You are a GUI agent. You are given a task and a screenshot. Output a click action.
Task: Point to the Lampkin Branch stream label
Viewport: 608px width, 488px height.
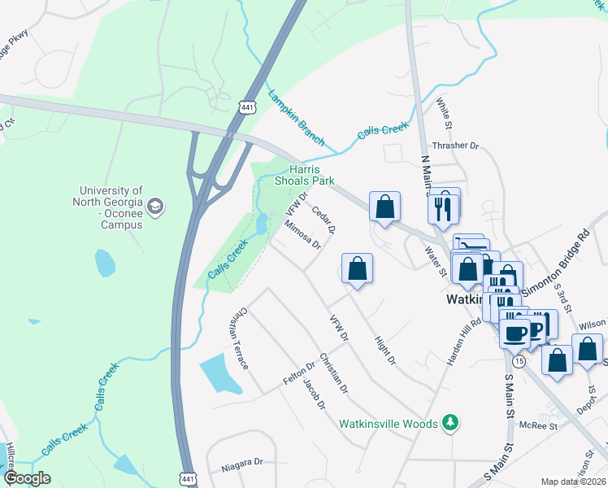(x=296, y=118)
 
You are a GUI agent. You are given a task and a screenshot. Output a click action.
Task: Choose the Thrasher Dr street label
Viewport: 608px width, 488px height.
(x=456, y=146)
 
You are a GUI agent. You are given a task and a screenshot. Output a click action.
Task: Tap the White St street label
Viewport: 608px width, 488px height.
(x=443, y=113)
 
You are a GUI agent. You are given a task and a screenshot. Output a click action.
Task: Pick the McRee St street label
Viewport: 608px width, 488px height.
(x=539, y=425)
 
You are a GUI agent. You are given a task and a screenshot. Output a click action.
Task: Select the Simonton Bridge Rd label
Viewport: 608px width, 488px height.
(x=556, y=259)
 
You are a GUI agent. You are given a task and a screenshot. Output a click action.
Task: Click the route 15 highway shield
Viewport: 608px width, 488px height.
(x=519, y=359)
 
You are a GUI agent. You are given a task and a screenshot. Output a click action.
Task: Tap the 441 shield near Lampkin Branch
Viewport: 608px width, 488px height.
(x=248, y=107)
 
